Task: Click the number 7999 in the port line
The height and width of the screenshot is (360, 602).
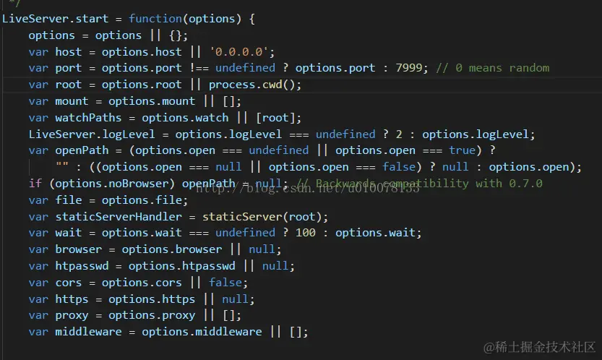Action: (416, 68)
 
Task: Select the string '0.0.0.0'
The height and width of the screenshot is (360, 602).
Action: (241, 51)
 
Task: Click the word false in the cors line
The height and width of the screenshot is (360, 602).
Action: (225, 282)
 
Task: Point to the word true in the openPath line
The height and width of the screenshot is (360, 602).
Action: (463, 150)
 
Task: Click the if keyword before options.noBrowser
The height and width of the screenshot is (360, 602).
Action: (35, 184)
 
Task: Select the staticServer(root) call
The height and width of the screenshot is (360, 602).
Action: (265, 216)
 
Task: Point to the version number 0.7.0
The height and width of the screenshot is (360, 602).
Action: (525, 184)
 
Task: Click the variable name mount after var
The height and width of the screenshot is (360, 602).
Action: (72, 101)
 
